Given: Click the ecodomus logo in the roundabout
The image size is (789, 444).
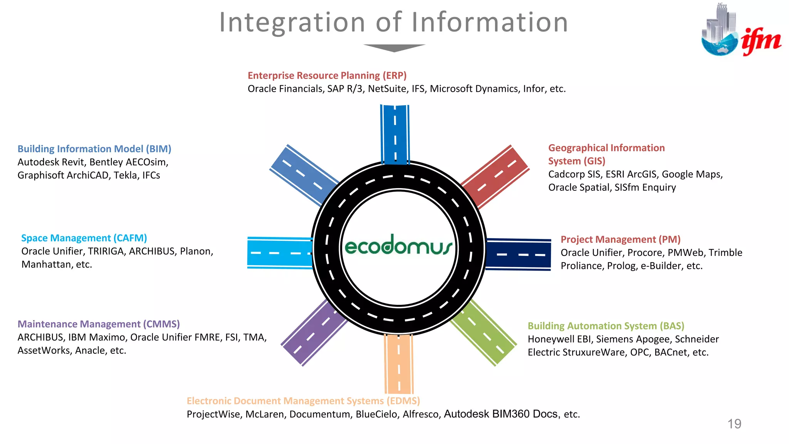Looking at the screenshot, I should (398, 246).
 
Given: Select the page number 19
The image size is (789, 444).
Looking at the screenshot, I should (734, 424).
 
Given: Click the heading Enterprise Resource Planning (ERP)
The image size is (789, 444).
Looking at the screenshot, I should (327, 76).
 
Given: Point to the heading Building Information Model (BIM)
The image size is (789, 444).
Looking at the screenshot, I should (94, 149).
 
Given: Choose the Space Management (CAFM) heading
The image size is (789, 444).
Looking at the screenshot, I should (84, 238).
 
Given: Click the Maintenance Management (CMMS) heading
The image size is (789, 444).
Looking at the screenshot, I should (99, 324).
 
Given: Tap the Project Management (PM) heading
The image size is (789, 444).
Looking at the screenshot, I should (620, 239).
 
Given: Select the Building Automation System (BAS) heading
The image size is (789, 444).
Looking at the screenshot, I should (606, 326).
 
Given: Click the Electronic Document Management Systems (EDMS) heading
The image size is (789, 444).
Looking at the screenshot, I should (303, 401).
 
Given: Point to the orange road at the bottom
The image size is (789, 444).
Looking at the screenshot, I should (399, 364).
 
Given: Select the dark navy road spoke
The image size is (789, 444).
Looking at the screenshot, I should (519, 254).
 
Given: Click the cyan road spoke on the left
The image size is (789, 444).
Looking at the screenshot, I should (280, 253).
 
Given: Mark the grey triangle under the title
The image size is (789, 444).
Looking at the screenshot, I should (394, 47).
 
